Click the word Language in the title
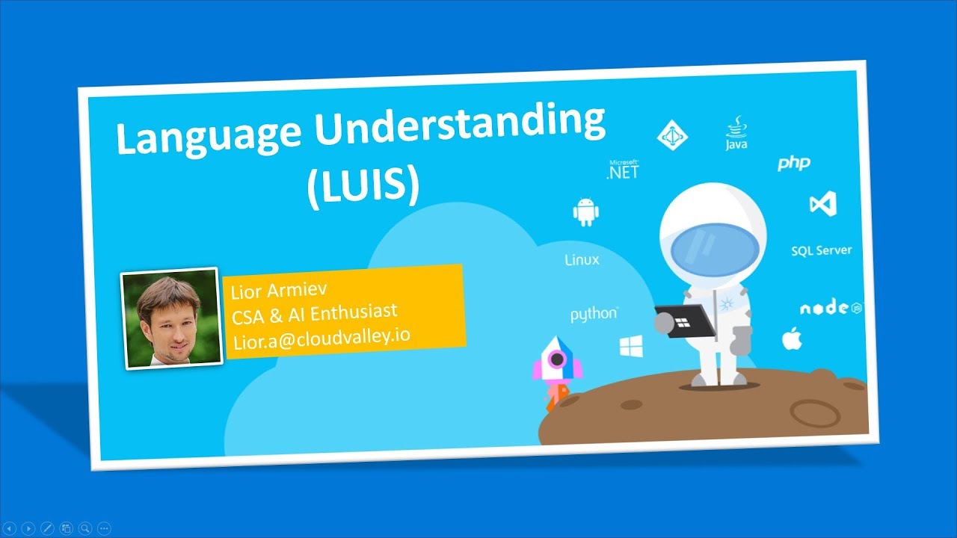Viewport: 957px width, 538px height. pyautogui.click(x=209, y=136)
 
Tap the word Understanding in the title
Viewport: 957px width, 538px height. pyautogui.click(x=460, y=124)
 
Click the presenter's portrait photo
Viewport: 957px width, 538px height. pyautogui.click(x=171, y=318)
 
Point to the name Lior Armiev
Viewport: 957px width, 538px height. pyautogui.click(x=280, y=289)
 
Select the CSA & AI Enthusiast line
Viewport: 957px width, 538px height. pyautogui.click(x=314, y=312)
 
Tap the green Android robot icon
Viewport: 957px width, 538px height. pyautogui.click(x=586, y=212)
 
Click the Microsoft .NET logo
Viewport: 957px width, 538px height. pyautogui.click(x=623, y=169)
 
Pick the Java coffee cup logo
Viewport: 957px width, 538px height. pyautogui.click(x=736, y=133)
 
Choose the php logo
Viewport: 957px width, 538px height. pyautogui.click(x=793, y=162)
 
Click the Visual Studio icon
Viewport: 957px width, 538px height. pyautogui.click(x=822, y=203)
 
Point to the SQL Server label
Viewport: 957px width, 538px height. pyautogui.click(x=821, y=250)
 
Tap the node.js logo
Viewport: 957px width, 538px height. pyautogui.click(x=831, y=308)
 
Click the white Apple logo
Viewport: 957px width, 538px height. pyautogui.click(x=792, y=338)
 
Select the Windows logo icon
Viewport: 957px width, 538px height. pyautogui.click(x=631, y=346)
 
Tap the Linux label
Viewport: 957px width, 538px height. pyautogui.click(x=582, y=260)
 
